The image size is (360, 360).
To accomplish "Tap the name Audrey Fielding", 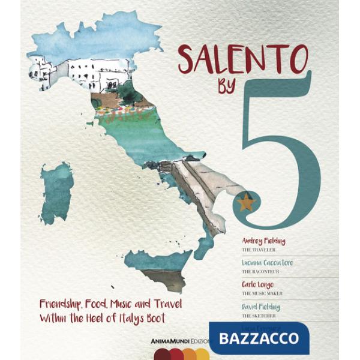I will (263, 241).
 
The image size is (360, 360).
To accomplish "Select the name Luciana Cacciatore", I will (268, 263).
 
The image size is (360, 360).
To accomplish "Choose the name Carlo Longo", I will (259, 285).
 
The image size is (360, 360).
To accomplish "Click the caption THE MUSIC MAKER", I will (262, 293).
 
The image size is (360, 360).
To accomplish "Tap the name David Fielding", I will (261, 307).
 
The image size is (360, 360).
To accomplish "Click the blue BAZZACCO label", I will (259, 338).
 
